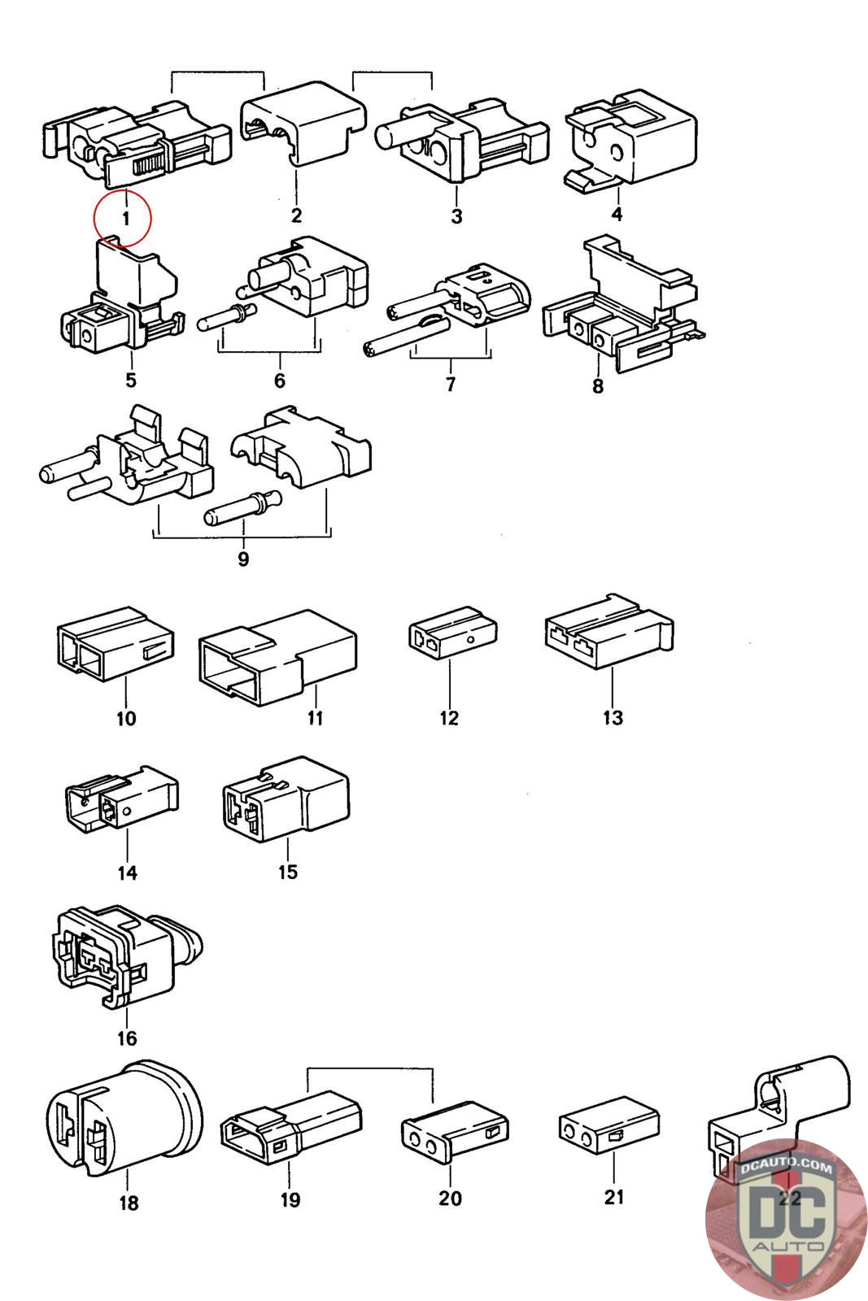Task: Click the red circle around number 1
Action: click(122, 218)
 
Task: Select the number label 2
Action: click(295, 215)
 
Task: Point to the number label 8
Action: click(598, 386)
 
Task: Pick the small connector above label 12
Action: click(451, 637)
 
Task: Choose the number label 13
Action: click(613, 717)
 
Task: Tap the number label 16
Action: click(127, 1038)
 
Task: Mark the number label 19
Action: click(290, 1199)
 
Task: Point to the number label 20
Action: click(450, 1198)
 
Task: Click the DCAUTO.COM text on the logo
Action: click(786, 1168)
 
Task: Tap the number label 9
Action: click(242, 559)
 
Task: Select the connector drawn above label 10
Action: click(115, 649)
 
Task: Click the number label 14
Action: click(127, 873)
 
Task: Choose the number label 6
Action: click(279, 381)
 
